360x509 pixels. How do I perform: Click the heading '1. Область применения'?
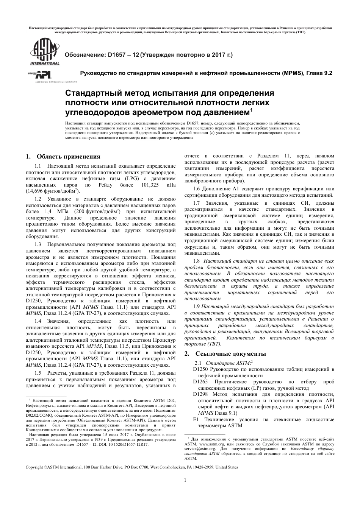tap(63, 157)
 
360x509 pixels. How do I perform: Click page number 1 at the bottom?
tap(185, 481)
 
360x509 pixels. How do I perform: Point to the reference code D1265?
tap(200, 381)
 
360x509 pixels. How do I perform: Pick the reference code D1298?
tap(200, 394)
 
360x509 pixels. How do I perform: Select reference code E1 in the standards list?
tap(196, 419)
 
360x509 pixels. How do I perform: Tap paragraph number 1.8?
tap(196, 261)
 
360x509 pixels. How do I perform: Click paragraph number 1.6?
tap(196, 188)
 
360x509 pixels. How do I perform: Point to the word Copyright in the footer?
tap(34, 467)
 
